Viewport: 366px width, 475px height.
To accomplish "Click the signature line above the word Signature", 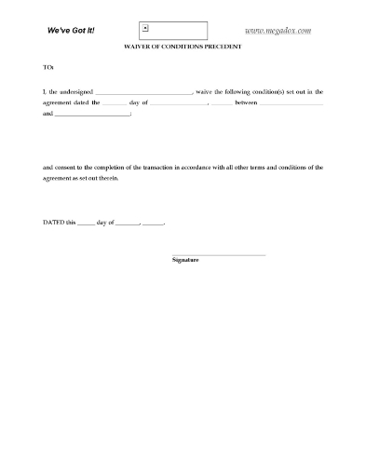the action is pyautogui.click(x=220, y=254).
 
